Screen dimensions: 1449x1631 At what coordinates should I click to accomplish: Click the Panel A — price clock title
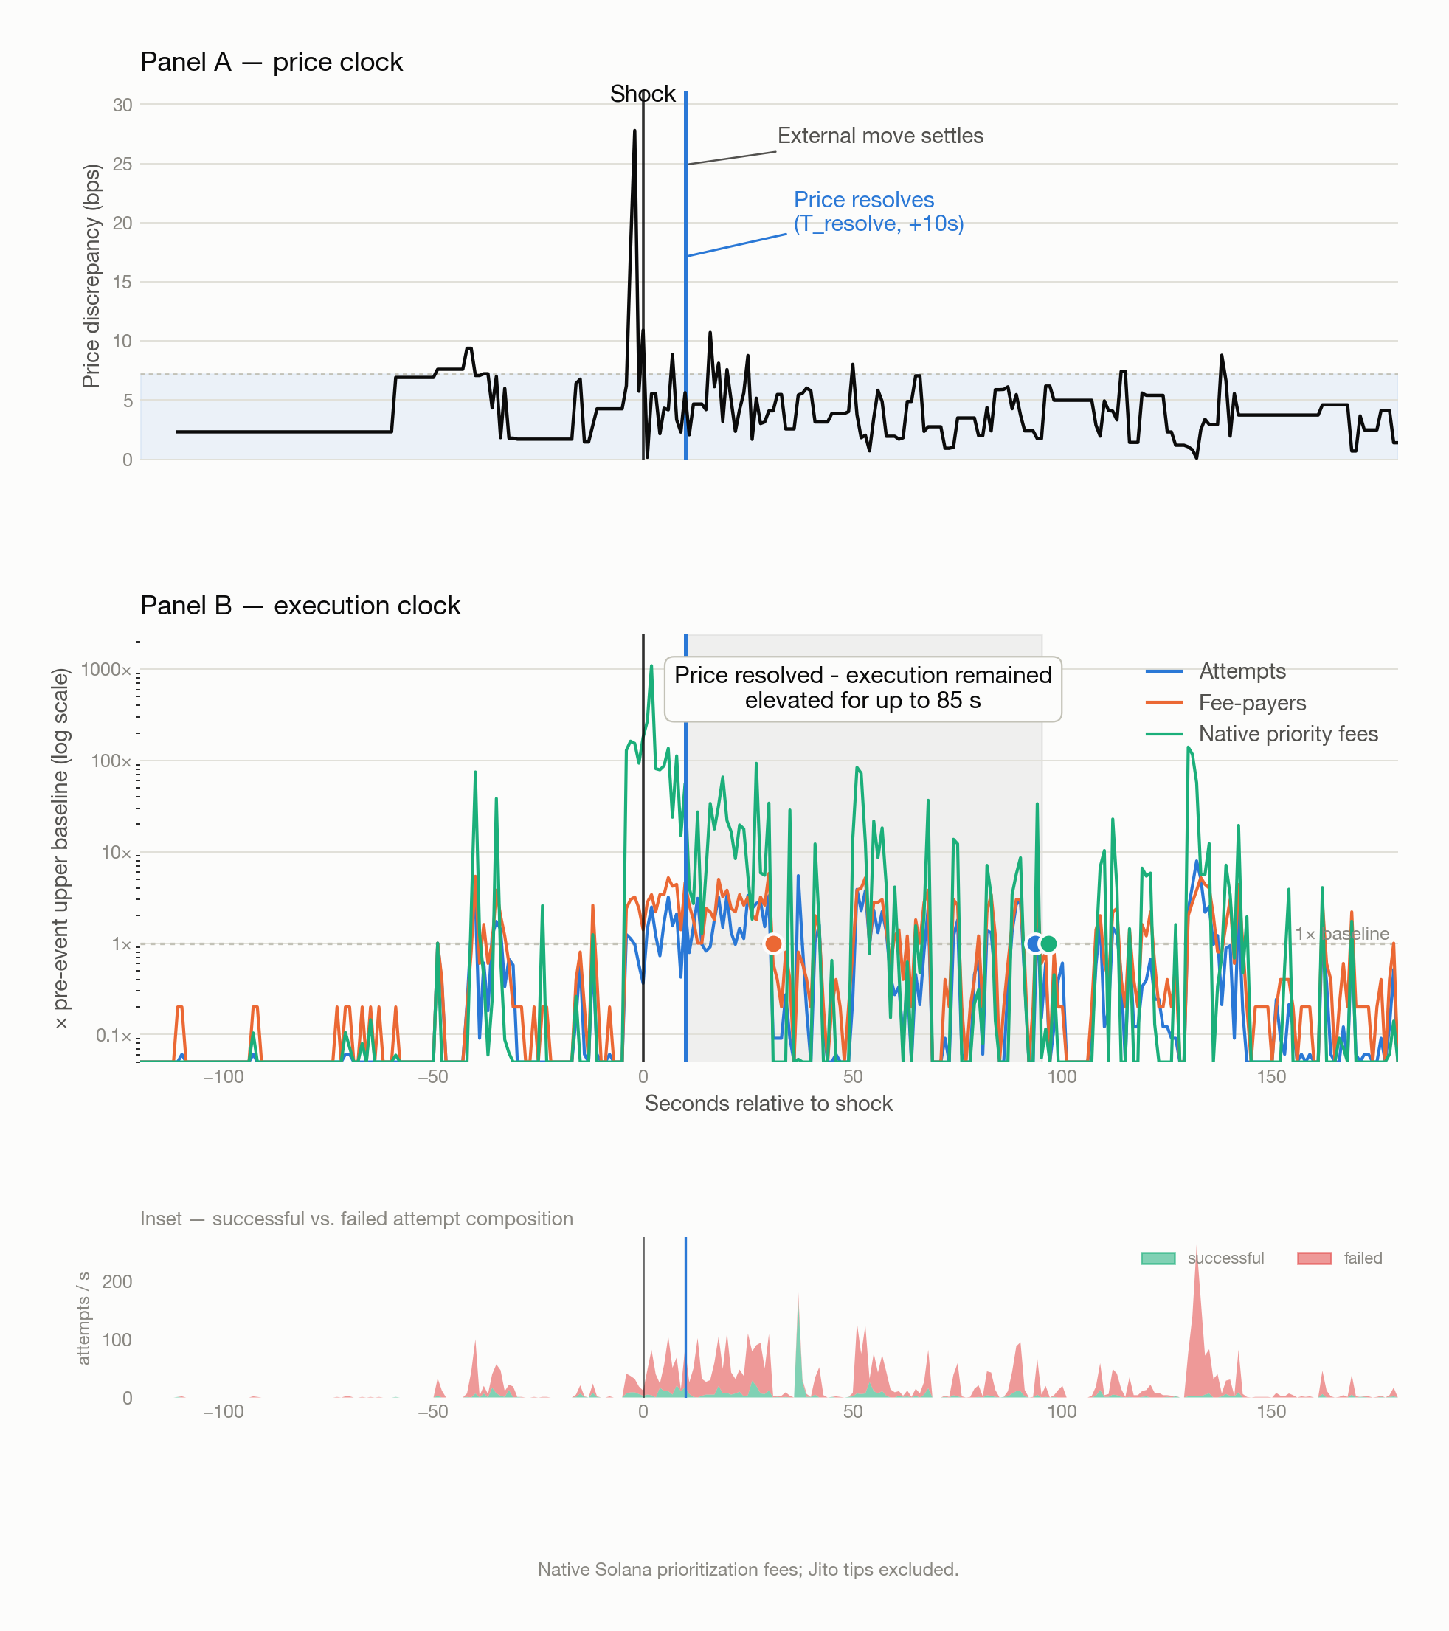point(272,62)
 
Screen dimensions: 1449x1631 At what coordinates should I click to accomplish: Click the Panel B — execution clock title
point(300,606)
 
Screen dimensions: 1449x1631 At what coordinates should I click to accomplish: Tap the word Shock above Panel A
point(643,94)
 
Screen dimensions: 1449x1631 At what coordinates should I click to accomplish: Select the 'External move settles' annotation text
point(880,136)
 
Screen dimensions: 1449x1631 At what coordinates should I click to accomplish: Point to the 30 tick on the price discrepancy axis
point(122,105)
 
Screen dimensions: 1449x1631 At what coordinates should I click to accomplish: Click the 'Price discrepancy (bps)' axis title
point(91,276)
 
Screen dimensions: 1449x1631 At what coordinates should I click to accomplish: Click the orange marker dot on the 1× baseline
point(773,944)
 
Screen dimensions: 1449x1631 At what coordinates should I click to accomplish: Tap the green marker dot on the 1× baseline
point(1048,944)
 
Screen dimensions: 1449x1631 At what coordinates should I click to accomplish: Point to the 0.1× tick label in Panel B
point(114,1036)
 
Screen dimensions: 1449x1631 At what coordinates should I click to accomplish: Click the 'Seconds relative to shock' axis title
point(768,1104)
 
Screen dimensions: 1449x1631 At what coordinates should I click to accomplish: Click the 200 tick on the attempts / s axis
point(117,1281)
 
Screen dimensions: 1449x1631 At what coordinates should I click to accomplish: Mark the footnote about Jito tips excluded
point(747,1570)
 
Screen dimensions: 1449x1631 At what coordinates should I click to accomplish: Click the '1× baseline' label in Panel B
point(1342,934)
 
